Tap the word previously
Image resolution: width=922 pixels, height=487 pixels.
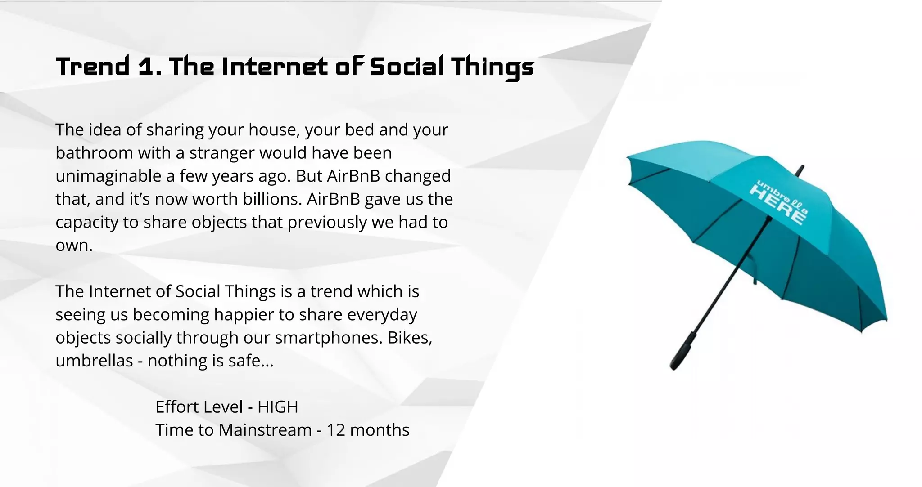(x=327, y=223)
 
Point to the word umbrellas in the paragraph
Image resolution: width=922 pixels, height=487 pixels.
(x=94, y=361)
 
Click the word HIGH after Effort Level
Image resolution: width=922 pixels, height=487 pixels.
(x=278, y=407)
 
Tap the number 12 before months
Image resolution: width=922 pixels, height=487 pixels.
(x=335, y=430)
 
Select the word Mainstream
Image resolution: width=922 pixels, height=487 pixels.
(x=265, y=430)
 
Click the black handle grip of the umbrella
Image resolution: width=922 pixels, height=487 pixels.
(x=682, y=351)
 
